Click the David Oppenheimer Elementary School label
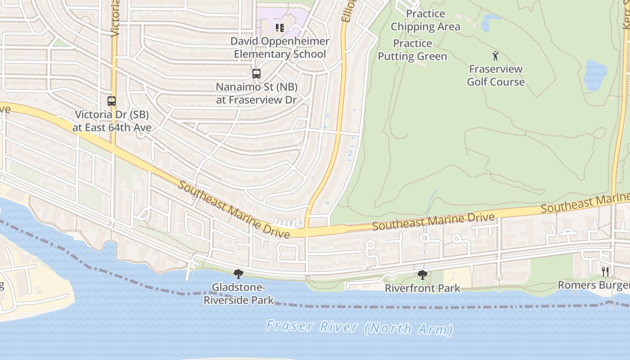280,48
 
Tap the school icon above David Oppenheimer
280,28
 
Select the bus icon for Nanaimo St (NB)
256,74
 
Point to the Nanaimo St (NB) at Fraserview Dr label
256,93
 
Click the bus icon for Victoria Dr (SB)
112,101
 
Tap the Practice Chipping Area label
425,20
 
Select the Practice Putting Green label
412,50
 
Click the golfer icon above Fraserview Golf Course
495,56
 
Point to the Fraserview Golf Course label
495,75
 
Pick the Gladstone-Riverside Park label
238,293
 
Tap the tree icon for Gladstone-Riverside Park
238,274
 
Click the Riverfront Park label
423,288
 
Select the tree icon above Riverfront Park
422,274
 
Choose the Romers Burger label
594,285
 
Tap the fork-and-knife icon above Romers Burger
605,271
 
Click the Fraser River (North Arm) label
359,327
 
